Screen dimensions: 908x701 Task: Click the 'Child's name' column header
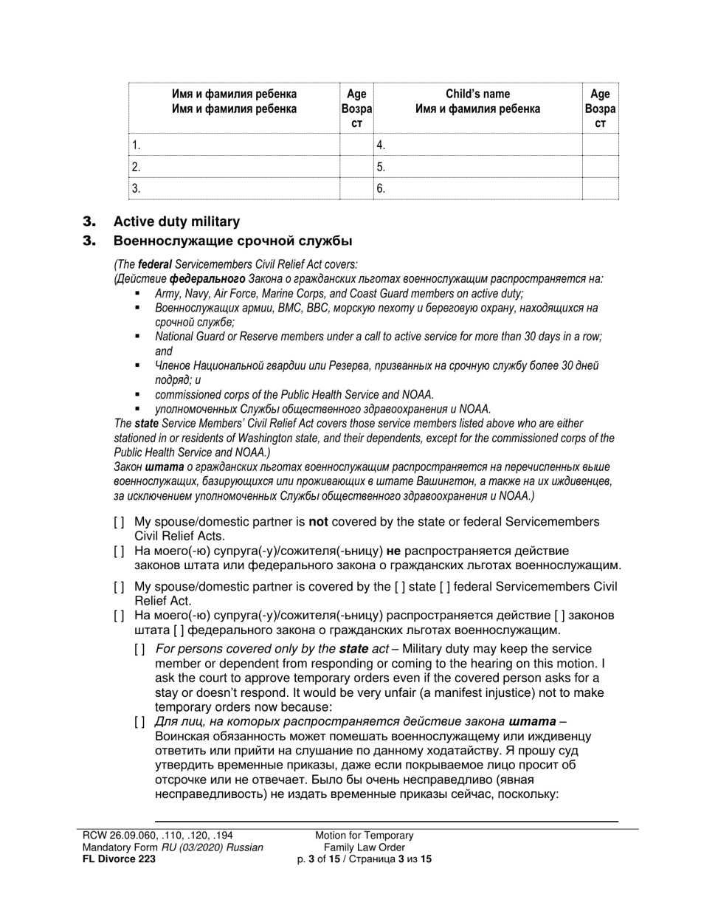[x=477, y=94]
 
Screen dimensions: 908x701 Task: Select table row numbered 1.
[x=234, y=145]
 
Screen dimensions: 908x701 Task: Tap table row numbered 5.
[x=477, y=167]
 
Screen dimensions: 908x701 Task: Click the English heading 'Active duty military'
[x=176, y=221]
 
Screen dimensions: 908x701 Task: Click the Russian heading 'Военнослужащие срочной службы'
[x=232, y=241]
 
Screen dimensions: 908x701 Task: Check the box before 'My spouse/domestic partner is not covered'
[x=120, y=523]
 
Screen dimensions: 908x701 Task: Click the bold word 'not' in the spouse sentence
[x=318, y=522]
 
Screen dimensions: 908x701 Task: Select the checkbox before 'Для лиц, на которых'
[x=140, y=722]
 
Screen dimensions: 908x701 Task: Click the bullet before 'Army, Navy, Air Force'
[x=137, y=293]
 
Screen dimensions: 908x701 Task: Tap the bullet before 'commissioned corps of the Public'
[x=137, y=394]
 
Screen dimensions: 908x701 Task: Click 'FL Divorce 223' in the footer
[x=119, y=859]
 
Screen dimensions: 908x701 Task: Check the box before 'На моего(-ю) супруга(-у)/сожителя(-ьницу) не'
[x=120, y=551]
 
